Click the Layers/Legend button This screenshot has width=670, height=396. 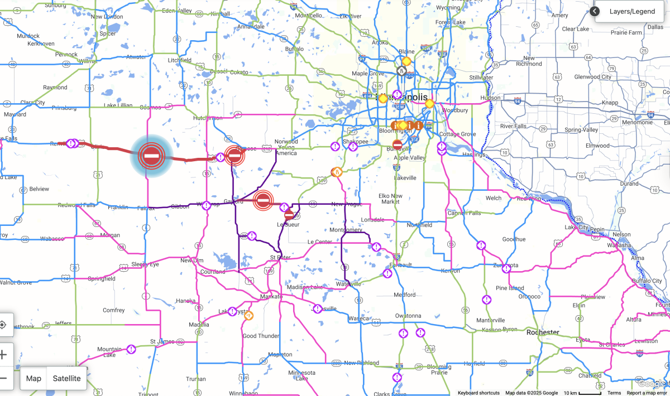click(631, 11)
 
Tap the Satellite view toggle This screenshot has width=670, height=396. click(66, 378)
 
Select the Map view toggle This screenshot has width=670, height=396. click(33, 378)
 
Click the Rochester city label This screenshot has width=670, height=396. click(543, 332)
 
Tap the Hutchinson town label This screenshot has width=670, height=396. click(207, 118)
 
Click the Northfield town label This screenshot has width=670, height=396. click(419, 225)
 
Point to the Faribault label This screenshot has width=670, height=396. click(401, 265)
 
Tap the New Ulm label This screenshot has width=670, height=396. click(192, 260)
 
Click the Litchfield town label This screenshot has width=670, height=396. click(180, 60)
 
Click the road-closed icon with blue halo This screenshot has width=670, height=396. click(151, 156)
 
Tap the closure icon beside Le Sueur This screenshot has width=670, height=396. click(289, 215)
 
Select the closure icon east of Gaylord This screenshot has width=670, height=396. click(263, 200)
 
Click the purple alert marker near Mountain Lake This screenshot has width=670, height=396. click(131, 349)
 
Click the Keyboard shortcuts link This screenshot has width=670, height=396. click(478, 393)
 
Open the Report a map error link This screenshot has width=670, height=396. click(647, 393)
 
